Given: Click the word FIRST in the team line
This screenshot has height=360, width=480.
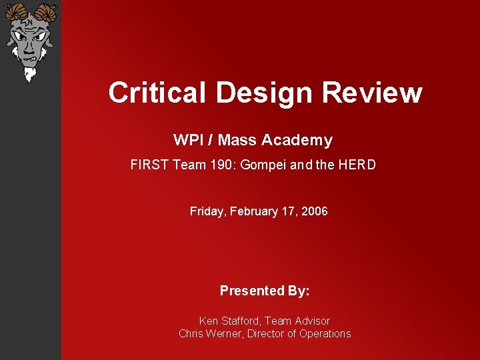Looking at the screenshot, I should (150, 164).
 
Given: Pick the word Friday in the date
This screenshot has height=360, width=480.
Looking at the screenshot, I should (208, 211).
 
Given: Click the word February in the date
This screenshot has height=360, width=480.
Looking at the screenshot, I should (254, 211).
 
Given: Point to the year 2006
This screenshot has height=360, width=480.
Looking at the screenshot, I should (315, 211).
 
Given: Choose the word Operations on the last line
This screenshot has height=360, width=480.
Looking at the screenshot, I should (325, 333).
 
